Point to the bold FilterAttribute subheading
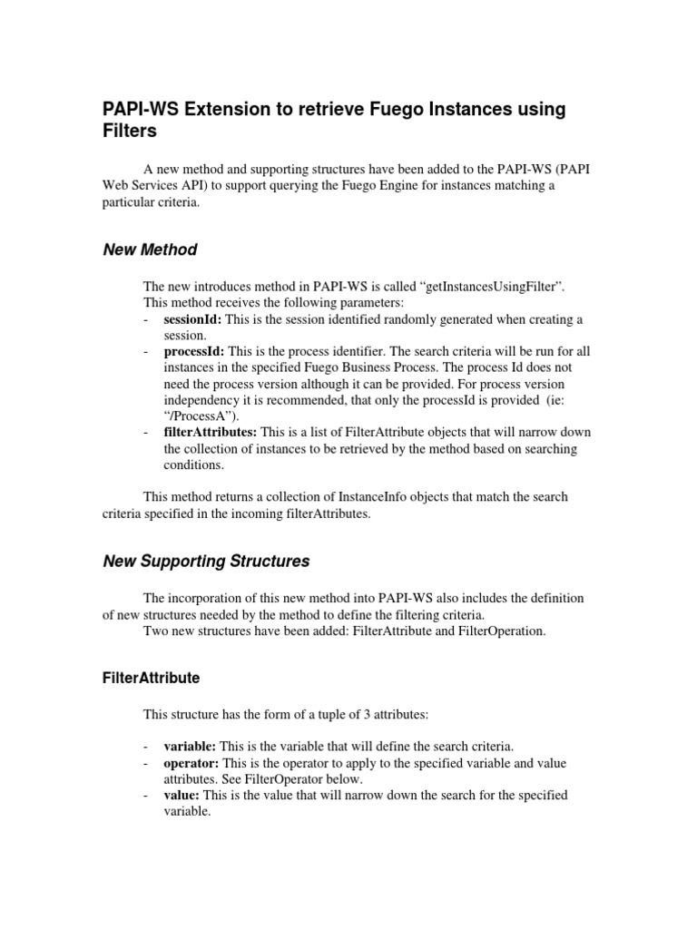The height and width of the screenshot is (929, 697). [x=151, y=678]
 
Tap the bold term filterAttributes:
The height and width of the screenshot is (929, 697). [x=210, y=433]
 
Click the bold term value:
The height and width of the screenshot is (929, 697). [x=182, y=796]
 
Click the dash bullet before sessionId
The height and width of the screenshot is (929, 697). [x=147, y=320]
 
